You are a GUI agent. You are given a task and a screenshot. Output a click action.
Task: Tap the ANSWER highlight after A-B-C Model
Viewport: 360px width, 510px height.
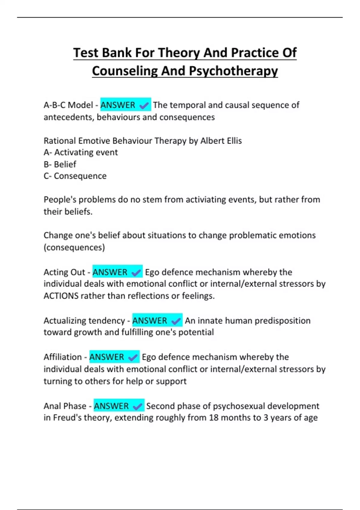tap(118, 105)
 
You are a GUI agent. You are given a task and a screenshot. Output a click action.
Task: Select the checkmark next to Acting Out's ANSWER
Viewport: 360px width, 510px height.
tap(136, 272)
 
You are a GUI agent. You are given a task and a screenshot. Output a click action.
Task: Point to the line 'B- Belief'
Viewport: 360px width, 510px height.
tap(60, 164)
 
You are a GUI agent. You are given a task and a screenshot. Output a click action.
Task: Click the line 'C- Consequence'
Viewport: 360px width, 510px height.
tap(75, 176)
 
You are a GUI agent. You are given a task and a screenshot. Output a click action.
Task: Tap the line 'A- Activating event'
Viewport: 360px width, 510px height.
tap(81, 152)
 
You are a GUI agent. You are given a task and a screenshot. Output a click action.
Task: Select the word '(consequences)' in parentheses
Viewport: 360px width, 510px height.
tap(74, 247)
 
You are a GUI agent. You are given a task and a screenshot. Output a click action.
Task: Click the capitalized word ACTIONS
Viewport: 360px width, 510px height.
tap(61, 296)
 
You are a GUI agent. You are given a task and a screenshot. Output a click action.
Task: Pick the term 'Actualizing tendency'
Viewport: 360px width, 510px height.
tap(84, 321)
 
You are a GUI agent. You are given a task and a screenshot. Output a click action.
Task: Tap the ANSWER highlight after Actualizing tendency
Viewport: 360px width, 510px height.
tap(150, 321)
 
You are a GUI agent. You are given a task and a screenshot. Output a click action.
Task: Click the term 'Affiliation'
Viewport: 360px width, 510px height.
tap(63, 357)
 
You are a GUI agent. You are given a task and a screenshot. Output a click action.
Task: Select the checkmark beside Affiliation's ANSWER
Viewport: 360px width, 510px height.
tap(133, 357)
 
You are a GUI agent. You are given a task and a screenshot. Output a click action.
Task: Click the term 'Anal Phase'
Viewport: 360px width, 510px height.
tap(65, 406)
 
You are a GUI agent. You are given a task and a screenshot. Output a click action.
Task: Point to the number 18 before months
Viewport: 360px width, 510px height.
tap(214, 418)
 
